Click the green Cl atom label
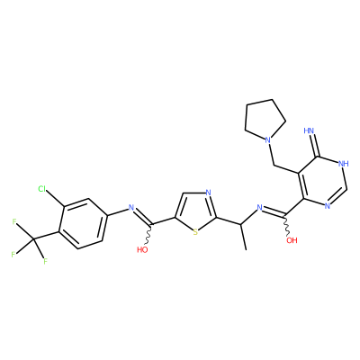41,189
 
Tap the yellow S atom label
195,232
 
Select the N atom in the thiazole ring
209,193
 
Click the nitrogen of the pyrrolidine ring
268,140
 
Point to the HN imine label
309,130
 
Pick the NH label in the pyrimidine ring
343,164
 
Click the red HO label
142,249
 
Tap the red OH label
292,240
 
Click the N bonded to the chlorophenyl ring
130,207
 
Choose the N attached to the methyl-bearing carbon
260,207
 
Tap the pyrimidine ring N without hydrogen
327,206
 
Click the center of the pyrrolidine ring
264,120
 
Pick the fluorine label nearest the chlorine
14,222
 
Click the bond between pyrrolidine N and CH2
272,155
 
